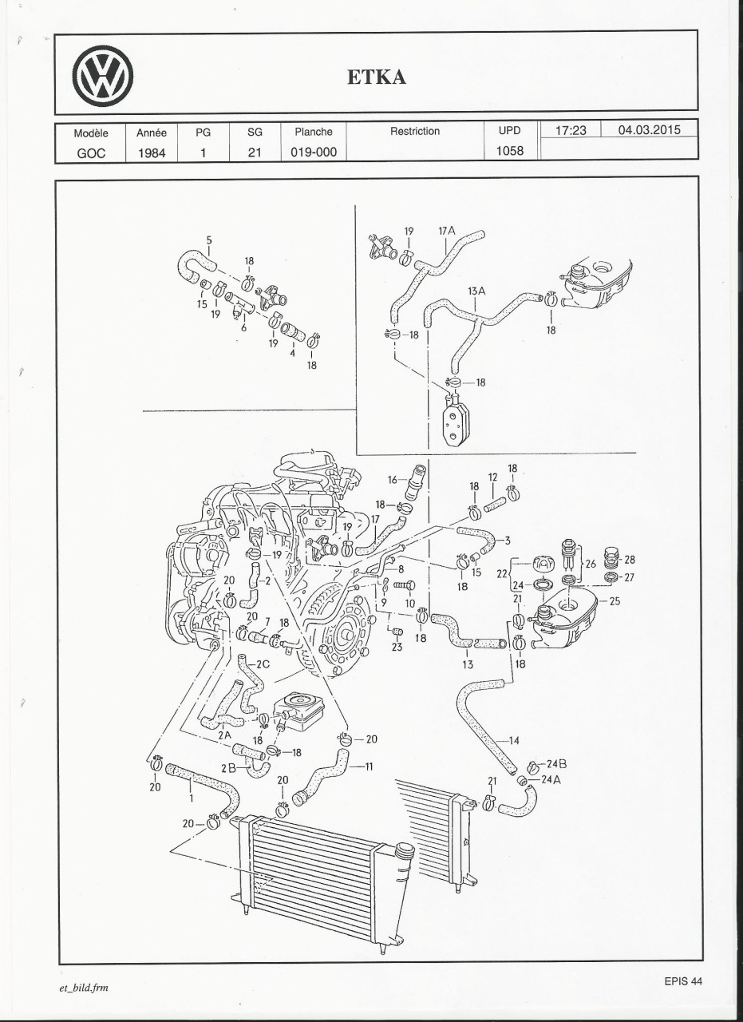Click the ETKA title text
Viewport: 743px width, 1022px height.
click(377, 77)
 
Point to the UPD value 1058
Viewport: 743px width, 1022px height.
click(509, 150)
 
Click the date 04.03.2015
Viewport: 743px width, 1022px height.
click(650, 130)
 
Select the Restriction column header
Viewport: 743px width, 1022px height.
click(414, 131)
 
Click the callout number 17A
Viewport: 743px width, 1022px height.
click(446, 231)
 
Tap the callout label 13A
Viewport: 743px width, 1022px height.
click(476, 292)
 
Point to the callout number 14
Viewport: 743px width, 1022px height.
click(513, 740)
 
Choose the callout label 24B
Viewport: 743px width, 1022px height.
click(556, 763)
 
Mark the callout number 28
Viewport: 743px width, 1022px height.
click(630, 560)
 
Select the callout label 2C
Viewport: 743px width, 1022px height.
click(263, 664)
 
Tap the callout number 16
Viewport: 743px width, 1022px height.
click(393, 480)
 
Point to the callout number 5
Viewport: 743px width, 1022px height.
click(209, 240)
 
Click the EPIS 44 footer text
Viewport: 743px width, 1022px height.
click(682, 981)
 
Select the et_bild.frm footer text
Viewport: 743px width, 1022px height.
click(78, 988)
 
